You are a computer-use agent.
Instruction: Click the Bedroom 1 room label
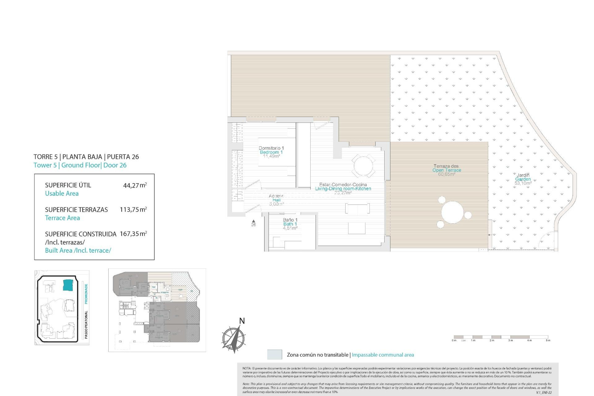pos(271,152)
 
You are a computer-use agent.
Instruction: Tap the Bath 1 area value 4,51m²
pos(290,228)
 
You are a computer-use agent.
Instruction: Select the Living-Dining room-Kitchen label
pos(343,189)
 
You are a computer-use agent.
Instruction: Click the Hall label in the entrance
pos(276,200)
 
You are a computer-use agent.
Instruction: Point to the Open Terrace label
pos(447,170)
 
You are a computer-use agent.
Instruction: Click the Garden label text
pos(523,179)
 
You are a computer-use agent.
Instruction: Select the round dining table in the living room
pos(363,166)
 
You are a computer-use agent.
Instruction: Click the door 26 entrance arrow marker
pos(253,221)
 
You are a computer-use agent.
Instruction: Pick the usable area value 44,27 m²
pos(135,186)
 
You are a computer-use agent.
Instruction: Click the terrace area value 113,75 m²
pos(133,210)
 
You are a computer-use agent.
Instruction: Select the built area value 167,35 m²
pos(133,234)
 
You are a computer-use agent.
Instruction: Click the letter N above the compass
pos(242,321)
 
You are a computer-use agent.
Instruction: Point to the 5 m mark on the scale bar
pos(548,340)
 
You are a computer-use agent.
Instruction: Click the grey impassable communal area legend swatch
pos(274,355)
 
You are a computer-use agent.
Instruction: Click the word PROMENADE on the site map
pos(86,293)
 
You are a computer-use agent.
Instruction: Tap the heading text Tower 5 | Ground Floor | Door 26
pos(80,165)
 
